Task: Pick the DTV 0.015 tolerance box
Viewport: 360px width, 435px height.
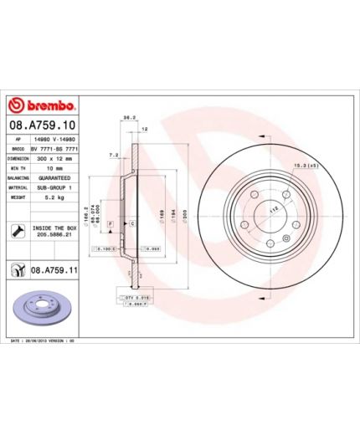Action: (x=127, y=297)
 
